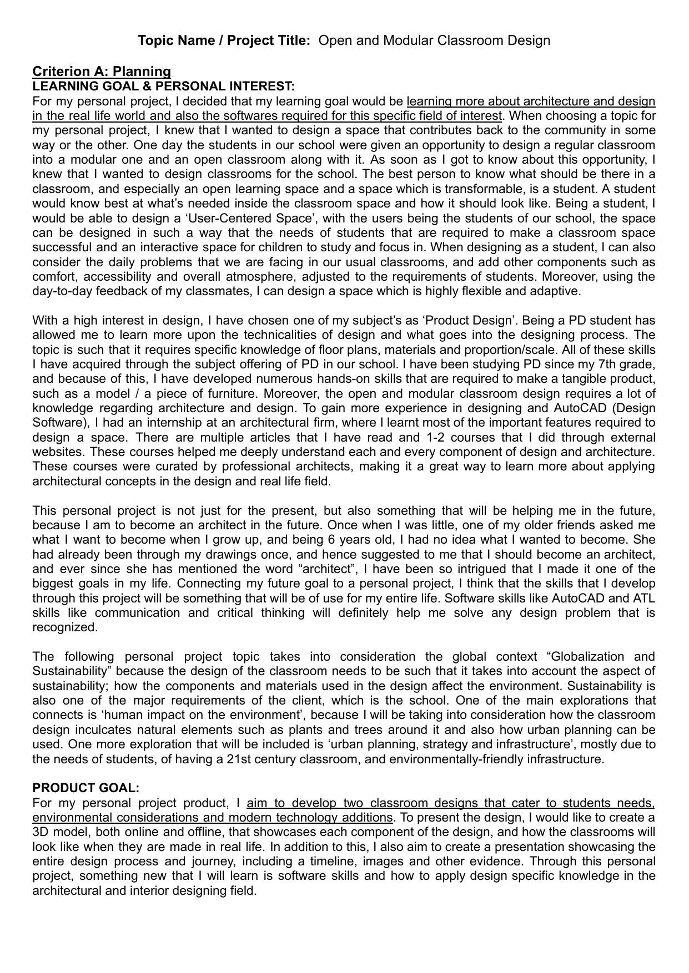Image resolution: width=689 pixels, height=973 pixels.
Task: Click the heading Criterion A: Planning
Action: click(x=102, y=72)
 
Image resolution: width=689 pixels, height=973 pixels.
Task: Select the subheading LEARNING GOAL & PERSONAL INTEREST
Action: click(x=163, y=86)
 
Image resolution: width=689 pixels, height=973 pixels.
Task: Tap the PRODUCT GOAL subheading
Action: click(x=86, y=788)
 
